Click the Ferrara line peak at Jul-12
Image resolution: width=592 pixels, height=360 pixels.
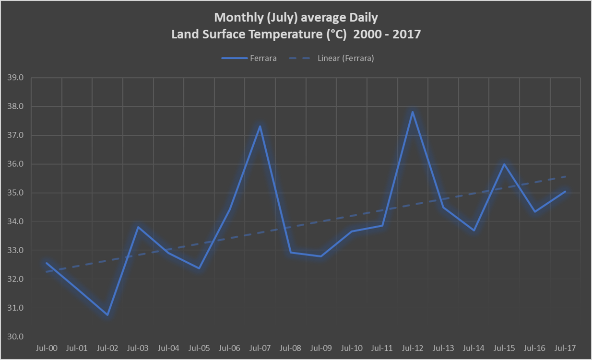(412, 112)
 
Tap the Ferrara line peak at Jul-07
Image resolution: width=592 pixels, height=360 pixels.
(260, 126)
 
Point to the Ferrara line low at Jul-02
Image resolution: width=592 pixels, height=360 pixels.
(107, 315)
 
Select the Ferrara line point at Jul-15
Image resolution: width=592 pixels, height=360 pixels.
(504, 164)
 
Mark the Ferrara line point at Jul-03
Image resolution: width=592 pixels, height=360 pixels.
(138, 227)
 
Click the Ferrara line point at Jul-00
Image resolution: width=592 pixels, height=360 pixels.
(47, 263)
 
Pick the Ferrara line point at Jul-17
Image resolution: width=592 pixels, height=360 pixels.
(565, 191)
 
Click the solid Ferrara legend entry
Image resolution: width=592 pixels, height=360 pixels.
(249, 58)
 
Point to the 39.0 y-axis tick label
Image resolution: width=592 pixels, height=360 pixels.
(15, 78)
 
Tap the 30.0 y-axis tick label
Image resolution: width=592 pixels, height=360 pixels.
(15, 337)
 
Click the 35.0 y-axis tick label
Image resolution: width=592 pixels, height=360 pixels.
(15, 193)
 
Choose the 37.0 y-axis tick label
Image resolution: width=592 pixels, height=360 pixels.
(15, 135)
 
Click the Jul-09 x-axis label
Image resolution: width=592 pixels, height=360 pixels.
(321, 348)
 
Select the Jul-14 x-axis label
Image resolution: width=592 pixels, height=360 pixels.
(474, 348)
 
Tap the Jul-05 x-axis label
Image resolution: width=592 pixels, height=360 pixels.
(199, 348)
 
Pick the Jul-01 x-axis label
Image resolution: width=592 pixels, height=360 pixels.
(77, 348)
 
